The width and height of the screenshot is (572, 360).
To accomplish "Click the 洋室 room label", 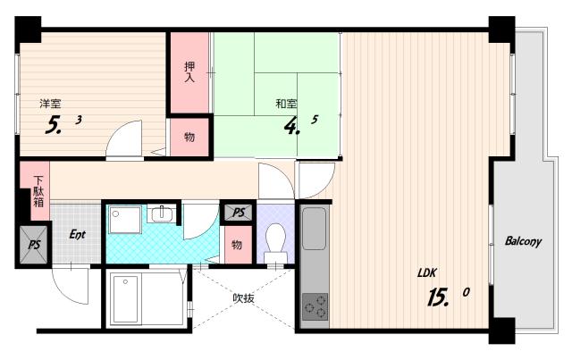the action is pos(50,104).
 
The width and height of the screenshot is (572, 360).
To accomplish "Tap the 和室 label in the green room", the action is pos(286,104).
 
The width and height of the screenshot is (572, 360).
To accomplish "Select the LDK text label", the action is pos(427,272).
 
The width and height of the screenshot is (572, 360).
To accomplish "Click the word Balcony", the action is pos(523,241).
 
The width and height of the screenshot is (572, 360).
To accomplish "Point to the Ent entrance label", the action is pos(78,235).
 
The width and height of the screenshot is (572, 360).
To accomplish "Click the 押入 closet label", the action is pos(189,71).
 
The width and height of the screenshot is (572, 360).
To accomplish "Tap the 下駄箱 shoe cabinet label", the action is pos(38,191).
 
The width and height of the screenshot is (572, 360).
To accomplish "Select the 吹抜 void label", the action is pos(244,298).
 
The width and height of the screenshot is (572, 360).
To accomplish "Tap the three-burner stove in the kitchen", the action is pos(315,306).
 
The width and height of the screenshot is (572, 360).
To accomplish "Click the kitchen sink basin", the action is pos(314,229).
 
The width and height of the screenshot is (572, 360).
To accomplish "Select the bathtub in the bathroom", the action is pos(125,300).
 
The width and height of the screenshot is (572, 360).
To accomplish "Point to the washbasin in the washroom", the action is pos(161,213).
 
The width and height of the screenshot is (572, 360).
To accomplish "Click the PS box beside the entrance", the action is pos(34,245).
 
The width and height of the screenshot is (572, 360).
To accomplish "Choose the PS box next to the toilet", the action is pos(239,213).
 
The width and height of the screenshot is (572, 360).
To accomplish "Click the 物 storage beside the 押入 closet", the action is pos(189,138).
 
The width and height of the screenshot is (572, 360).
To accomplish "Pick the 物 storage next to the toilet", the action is pos(238,244).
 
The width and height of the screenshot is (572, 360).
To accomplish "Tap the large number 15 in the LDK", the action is pos(438,297).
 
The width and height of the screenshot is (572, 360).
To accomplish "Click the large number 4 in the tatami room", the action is pos(291,127).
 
